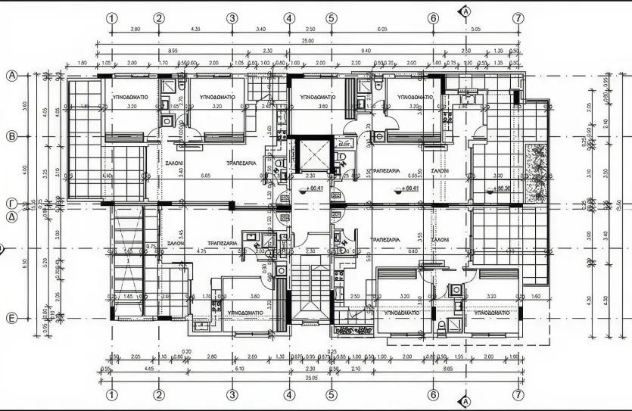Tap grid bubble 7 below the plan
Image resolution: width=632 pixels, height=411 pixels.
[x=518, y=395]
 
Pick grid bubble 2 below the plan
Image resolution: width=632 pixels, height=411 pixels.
[x=159, y=395]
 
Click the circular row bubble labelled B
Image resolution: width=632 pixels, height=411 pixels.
[x=12, y=136]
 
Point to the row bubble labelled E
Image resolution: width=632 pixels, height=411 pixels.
[x=12, y=319]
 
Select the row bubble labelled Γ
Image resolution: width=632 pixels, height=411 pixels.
[x=12, y=204]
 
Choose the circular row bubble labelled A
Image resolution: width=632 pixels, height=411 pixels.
[x=12, y=76]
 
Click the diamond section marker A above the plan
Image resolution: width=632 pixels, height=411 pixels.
[x=465, y=11]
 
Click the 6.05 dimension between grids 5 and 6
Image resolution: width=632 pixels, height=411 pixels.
[x=381, y=30]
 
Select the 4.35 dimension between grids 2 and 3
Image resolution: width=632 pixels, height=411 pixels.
[x=195, y=30]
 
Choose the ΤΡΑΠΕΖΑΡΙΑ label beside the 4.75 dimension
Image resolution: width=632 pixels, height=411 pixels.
[x=223, y=244]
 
